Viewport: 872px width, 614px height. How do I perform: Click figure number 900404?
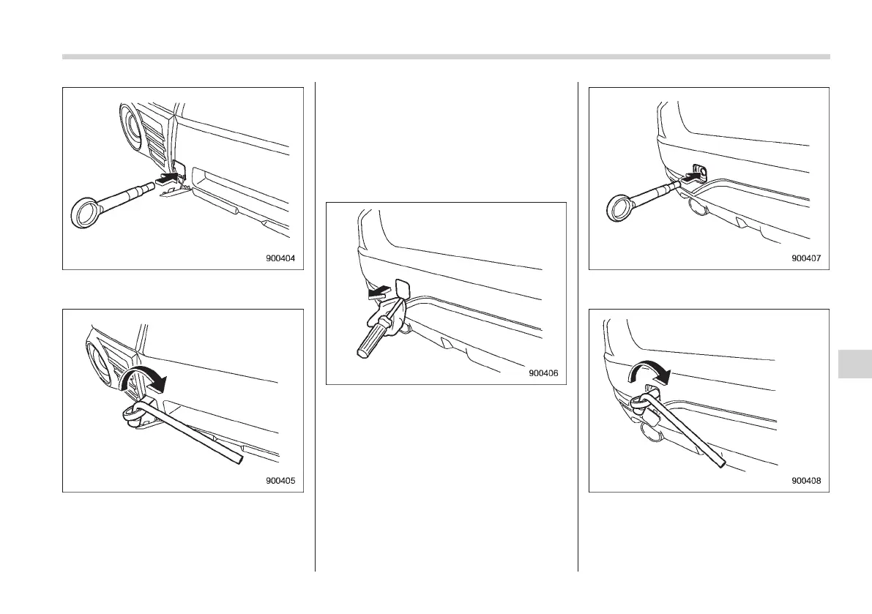coord(280,258)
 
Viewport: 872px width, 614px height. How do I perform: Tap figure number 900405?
coord(280,481)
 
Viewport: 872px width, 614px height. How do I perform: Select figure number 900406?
coord(543,373)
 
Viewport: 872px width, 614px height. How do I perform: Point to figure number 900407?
coord(806,258)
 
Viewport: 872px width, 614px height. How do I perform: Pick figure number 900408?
coord(806,481)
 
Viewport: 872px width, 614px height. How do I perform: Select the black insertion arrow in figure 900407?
coord(690,177)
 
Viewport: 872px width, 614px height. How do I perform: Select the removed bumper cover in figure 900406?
coord(403,288)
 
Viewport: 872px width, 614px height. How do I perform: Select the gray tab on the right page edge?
coord(854,364)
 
